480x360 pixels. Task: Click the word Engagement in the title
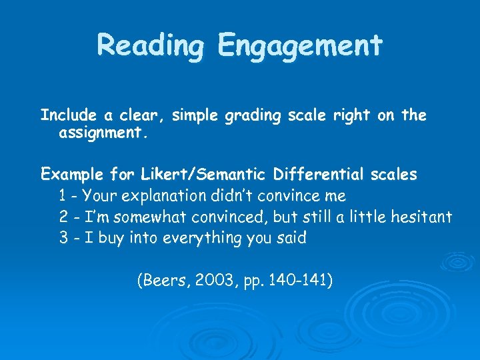[x=299, y=45]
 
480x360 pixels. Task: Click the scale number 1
[x=63, y=196]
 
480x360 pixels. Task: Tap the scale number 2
[x=63, y=217]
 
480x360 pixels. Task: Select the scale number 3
[x=63, y=238]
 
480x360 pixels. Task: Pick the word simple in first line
[x=195, y=116]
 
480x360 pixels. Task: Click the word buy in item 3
[x=111, y=238]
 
